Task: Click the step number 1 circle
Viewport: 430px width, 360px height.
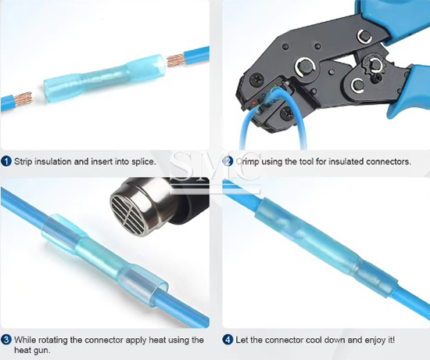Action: click(6, 161)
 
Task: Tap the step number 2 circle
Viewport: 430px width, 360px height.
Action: click(228, 161)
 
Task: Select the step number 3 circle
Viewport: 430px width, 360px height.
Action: click(6, 340)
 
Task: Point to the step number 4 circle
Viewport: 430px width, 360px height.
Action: click(228, 340)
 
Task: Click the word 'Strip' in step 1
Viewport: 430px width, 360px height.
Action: click(23, 162)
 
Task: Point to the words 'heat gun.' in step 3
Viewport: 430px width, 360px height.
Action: click(32, 351)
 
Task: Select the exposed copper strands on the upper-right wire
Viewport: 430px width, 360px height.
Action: click(175, 60)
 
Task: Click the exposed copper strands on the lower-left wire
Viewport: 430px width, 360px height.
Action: click(23, 99)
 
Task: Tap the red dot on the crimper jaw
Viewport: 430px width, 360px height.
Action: click(254, 103)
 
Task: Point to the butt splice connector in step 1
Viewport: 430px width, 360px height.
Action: click(105, 78)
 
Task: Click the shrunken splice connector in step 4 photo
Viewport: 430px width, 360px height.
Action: click(326, 249)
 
